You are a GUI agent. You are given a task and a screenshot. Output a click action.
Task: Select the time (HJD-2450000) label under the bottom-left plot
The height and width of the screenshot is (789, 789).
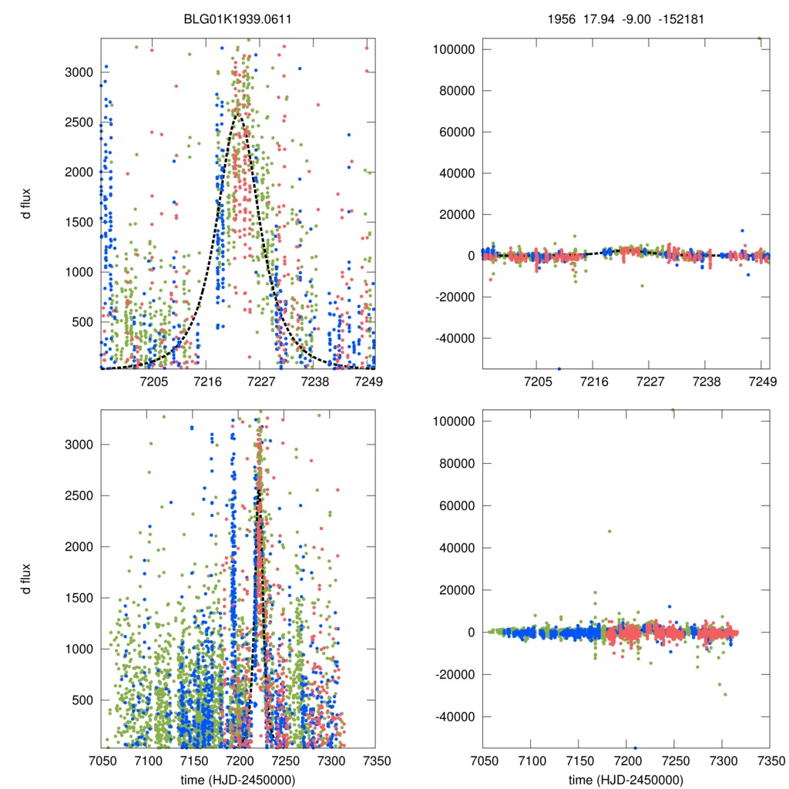237,780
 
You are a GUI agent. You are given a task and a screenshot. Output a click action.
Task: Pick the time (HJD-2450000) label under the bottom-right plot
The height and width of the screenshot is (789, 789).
626,780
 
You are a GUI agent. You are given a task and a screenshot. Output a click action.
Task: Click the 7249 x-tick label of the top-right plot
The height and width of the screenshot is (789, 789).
761,382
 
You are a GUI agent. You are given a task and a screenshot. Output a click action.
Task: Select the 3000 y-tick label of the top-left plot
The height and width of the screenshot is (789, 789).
80,72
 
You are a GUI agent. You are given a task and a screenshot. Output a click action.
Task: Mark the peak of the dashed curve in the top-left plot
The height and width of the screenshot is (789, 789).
238,116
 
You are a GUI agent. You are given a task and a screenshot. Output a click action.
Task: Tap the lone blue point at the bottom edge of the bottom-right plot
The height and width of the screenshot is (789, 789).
636,747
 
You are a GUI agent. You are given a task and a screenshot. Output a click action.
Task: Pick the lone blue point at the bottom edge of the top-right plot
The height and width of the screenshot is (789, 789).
559,368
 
